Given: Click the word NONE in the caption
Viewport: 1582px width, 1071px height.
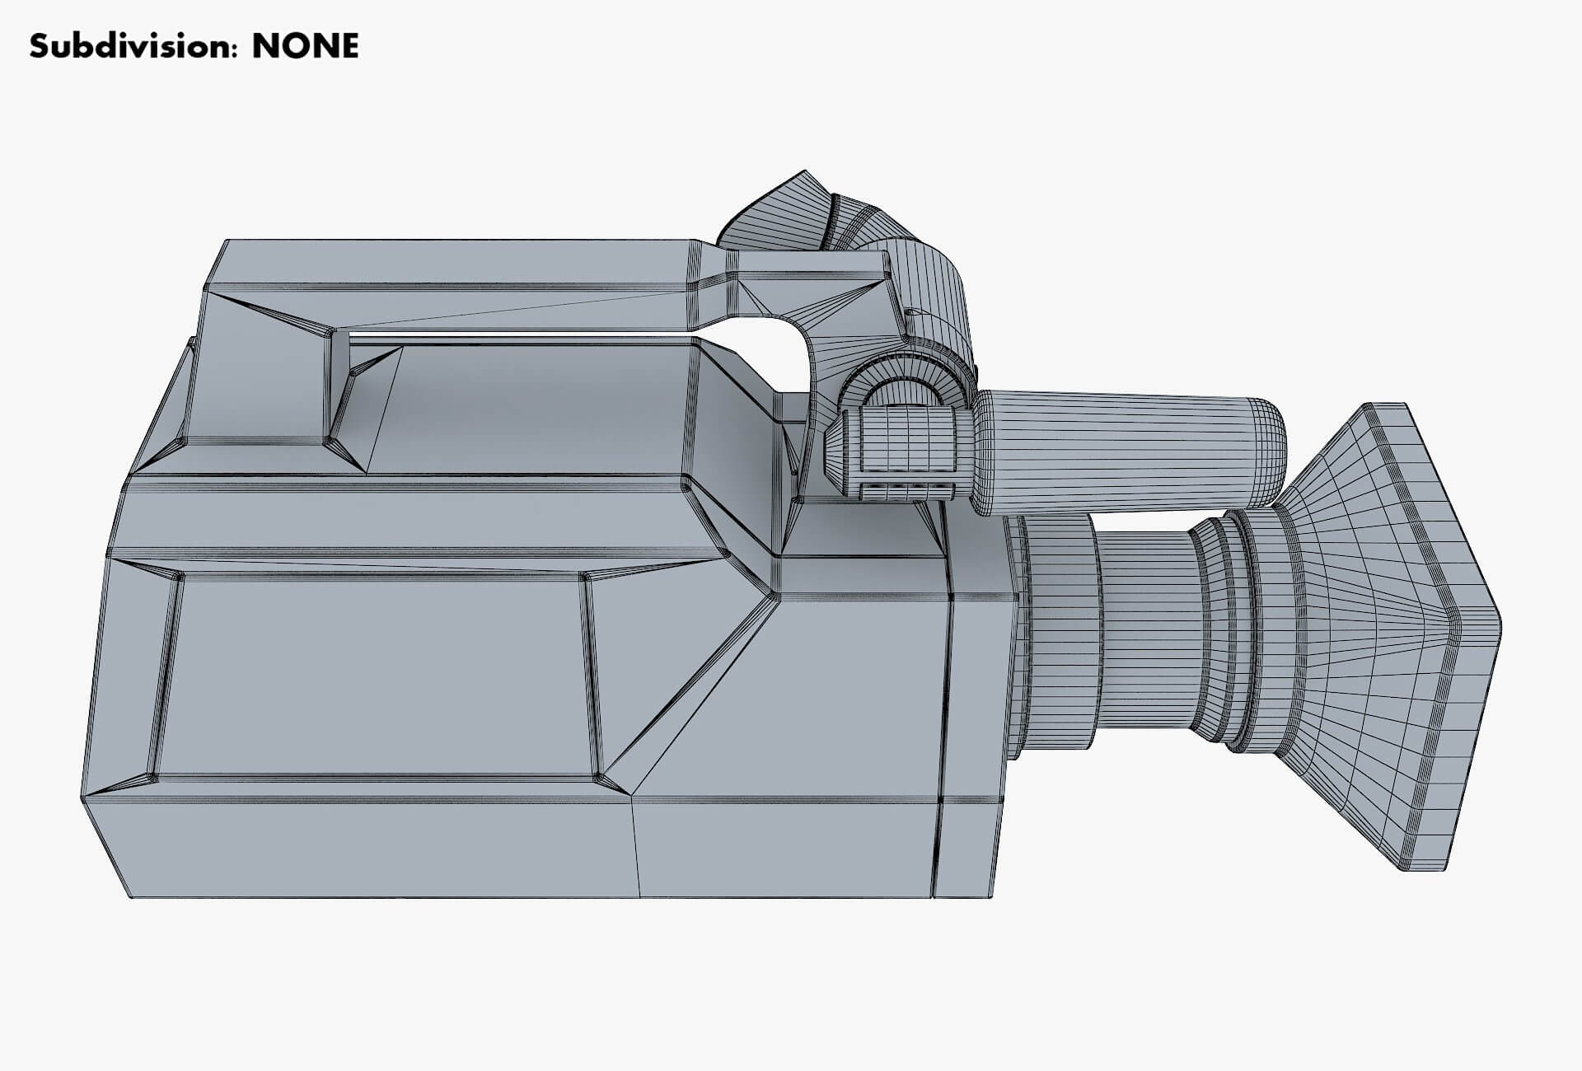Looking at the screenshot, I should (x=305, y=47).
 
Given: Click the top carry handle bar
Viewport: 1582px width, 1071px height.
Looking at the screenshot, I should (x=453, y=264).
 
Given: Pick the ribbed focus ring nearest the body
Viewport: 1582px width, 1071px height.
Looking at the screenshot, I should (x=1059, y=634).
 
